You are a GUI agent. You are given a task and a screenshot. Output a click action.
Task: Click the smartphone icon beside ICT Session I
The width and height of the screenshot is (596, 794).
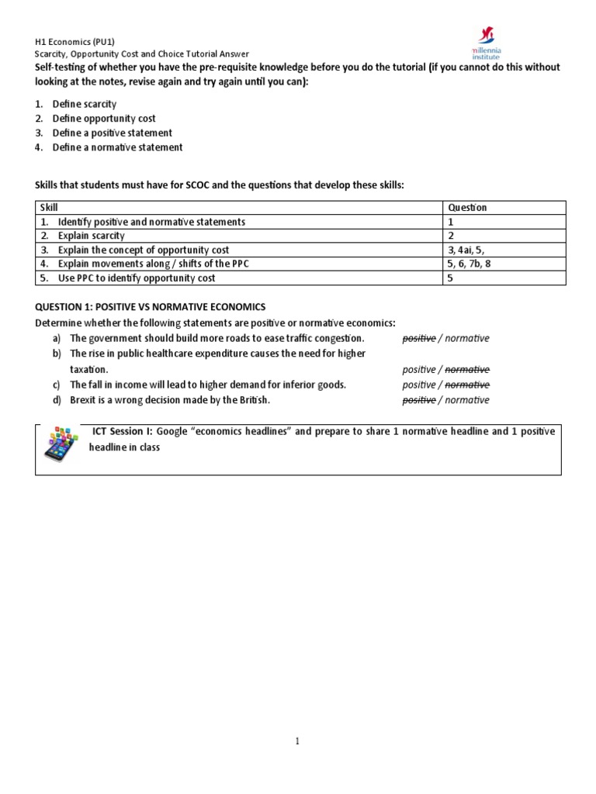point(61,445)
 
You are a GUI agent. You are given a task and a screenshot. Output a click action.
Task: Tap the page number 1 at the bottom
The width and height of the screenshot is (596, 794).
point(297,741)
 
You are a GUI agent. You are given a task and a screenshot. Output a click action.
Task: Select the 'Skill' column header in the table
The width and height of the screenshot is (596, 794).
point(50,208)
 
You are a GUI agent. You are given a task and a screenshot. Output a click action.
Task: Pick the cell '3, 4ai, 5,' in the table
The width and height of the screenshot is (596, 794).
point(471,250)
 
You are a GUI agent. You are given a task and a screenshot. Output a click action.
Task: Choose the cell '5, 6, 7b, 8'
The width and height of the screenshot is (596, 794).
point(473,264)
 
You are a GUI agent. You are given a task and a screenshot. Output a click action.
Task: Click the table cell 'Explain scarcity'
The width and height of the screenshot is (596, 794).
point(91,236)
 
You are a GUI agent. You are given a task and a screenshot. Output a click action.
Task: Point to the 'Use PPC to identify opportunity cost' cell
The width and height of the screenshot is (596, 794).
point(137,278)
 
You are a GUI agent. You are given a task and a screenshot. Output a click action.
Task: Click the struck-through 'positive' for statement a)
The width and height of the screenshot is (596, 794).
point(418,338)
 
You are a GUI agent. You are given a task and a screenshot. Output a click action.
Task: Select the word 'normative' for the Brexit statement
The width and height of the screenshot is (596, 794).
point(467,400)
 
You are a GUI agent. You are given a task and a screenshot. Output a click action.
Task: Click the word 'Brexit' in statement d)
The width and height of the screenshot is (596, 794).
point(85,400)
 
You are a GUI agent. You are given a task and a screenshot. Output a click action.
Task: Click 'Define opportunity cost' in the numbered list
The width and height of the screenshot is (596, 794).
point(104,119)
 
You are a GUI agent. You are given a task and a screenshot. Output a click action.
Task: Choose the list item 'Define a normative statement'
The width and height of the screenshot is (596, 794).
point(117,147)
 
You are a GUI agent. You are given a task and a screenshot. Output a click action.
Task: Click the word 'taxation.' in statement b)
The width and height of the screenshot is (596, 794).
point(88,369)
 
